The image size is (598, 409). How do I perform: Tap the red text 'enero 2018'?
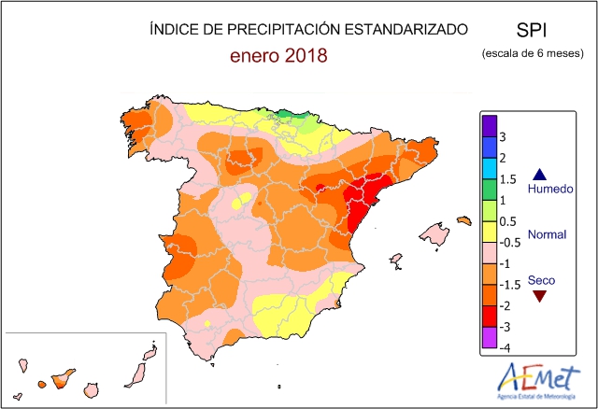point(278,56)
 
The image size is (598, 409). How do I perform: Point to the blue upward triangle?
point(538,174)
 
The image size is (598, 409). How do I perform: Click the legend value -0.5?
point(513,243)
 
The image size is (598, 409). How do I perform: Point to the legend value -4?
point(506,348)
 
